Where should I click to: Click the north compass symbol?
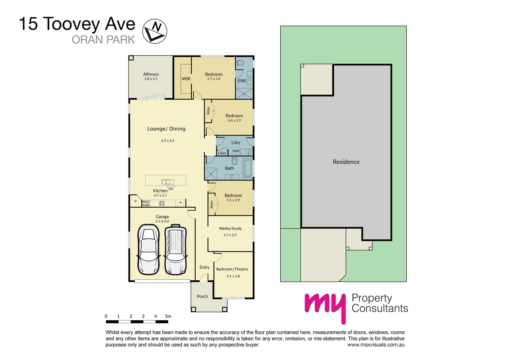[155, 31]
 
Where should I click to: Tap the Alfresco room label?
[151, 74]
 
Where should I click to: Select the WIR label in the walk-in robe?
[186, 79]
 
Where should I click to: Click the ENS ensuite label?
[242, 81]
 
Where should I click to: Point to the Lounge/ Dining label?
[166, 129]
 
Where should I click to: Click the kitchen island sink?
[166, 182]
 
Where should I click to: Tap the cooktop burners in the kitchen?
[161, 203]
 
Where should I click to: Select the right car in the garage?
[175, 249]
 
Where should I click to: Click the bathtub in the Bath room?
[248, 168]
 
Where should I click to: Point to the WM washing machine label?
[236, 151]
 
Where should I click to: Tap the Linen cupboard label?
[222, 153]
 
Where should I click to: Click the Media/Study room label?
[230, 229]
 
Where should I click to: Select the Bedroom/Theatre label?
[232, 269]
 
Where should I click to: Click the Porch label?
[202, 296]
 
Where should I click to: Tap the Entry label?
[204, 267]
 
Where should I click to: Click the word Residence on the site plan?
[346, 162]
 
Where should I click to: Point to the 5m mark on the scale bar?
[168, 316]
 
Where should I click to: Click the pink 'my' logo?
[325, 307]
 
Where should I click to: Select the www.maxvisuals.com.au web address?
[376, 345]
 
